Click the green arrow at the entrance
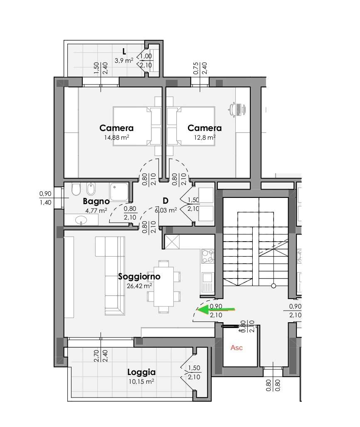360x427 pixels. pyautogui.click(x=216, y=309)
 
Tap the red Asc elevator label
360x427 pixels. pyautogui.click(x=237, y=348)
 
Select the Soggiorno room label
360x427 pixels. pyautogui.click(x=139, y=276)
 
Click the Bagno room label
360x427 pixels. pyautogui.click(x=96, y=201)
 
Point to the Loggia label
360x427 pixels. pyautogui.click(x=142, y=372)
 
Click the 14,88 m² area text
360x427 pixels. pyautogui.click(x=116, y=137)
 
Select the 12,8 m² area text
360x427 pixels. pyautogui.click(x=205, y=137)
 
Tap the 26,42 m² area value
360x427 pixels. pyautogui.click(x=139, y=286)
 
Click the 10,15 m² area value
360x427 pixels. pyautogui.click(x=141, y=382)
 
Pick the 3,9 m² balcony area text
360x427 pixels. pyautogui.click(x=124, y=60)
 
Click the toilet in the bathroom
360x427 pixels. pyautogui.click(x=76, y=189)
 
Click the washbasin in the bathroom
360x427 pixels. pyautogui.click(x=81, y=220)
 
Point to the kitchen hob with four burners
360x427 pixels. pyautogui.click(x=207, y=256)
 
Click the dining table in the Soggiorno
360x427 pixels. pyautogui.click(x=164, y=286)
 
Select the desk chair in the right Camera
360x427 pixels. pyautogui.click(x=237, y=109)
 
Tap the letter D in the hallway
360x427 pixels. pyautogui.click(x=165, y=201)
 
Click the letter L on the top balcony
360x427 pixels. pyautogui.click(x=124, y=52)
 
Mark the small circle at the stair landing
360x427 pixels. pyautogui.click(x=274, y=286)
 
